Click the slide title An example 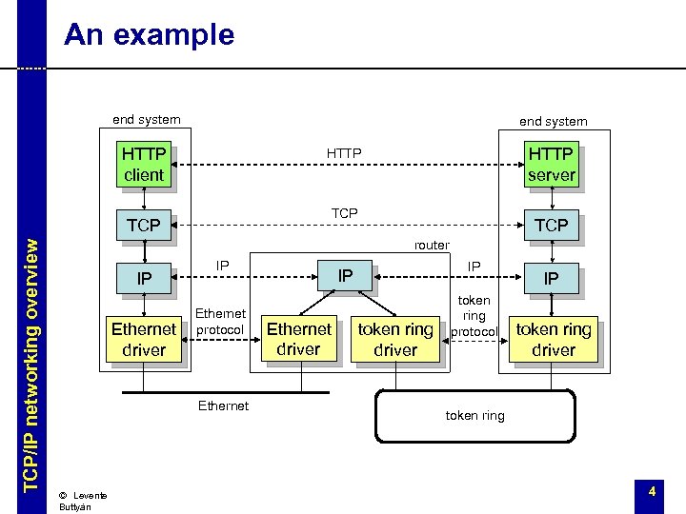click(x=149, y=35)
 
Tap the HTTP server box click(x=551, y=164)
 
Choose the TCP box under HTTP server click(x=551, y=226)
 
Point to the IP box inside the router click(x=346, y=276)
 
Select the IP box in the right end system click(x=551, y=279)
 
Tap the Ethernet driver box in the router click(x=298, y=339)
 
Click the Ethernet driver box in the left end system click(x=143, y=339)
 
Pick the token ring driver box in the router click(x=394, y=339)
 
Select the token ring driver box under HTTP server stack click(x=553, y=339)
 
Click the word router click(x=431, y=246)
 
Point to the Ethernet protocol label click(x=220, y=321)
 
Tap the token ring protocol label click(x=474, y=315)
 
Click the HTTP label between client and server click(x=344, y=152)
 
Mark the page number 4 click(x=652, y=491)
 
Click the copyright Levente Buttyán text click(x=82, y=500)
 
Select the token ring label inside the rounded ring click(x=474, y=416)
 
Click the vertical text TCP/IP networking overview click(x=31, y=362)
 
